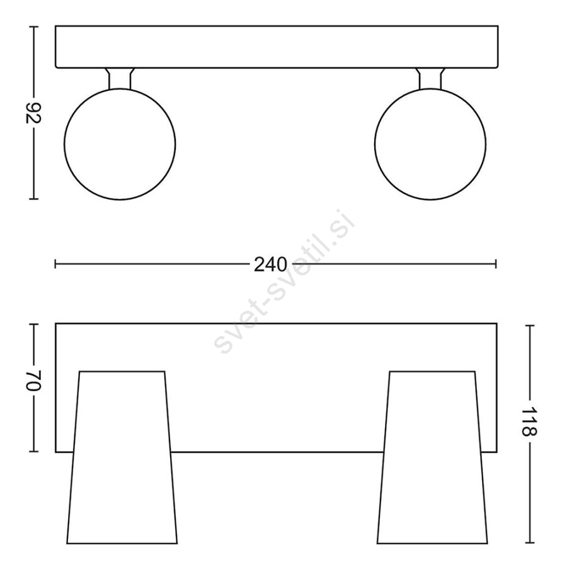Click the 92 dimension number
pyautogui.click(x=33, y=113)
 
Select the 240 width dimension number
pyautogui.click(x=270, y=265)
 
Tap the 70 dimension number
pyautogui.click(x=33, y=380)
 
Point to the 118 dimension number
pyautogui.click(x=530, y=422)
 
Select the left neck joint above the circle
pyautogui.click(x=120, y=78)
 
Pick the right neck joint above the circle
pyautogui.click(x=430, y=78)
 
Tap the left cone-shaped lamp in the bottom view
pyautogui.click(x=122, y=512)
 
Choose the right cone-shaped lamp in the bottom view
pyautogui.click(x=432, y=512)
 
